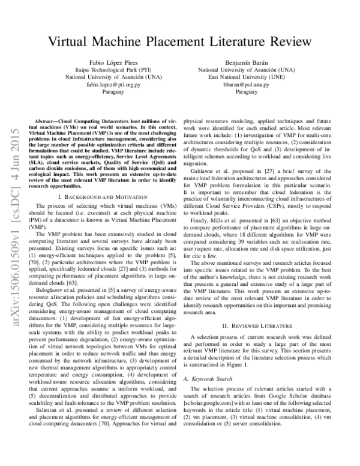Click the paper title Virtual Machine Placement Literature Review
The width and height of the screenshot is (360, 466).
point(180,42)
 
